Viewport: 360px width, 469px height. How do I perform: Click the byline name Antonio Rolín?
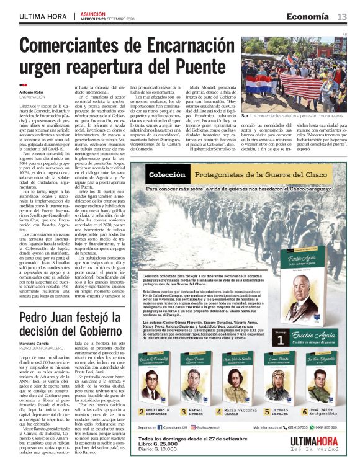(32, 92)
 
